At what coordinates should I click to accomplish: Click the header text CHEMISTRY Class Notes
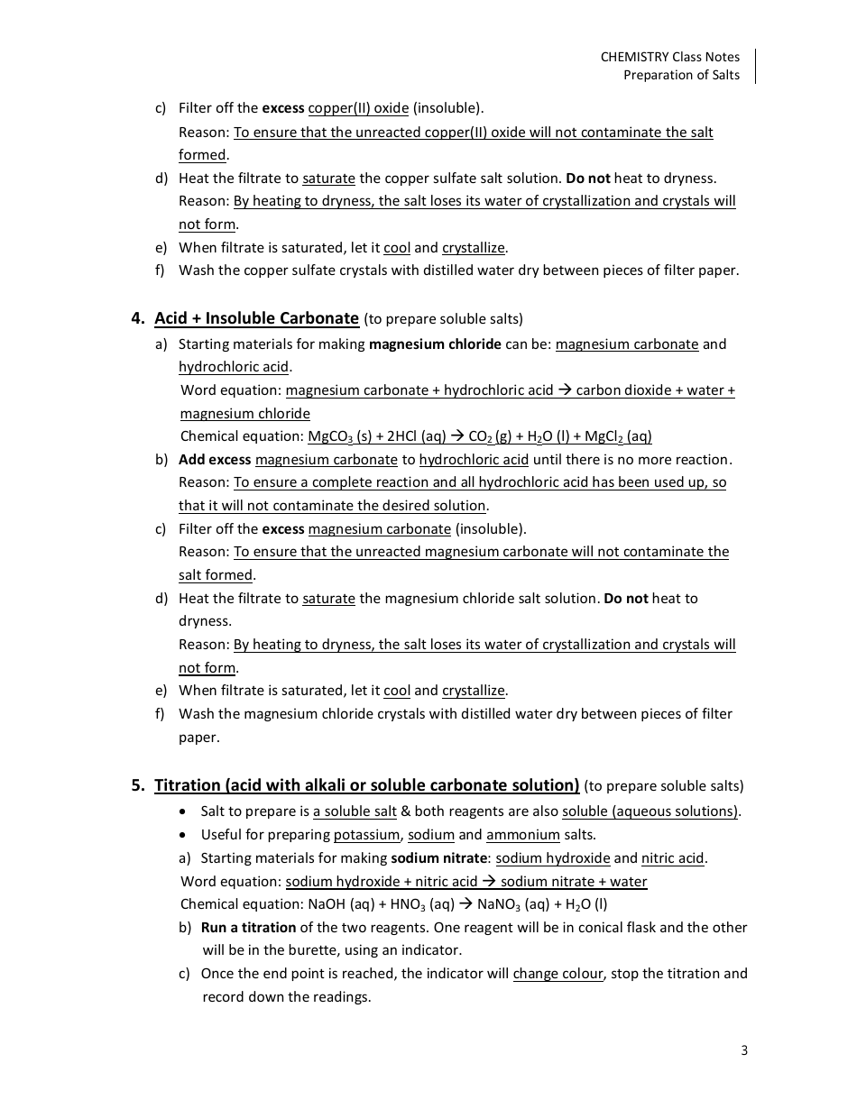(669, 57)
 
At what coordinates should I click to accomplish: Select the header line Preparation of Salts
(681, 75)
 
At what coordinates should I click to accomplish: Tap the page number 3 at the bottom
(744, 1049)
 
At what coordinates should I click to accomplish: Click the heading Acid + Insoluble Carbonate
(257, 318)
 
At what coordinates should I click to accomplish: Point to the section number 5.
(137, 785)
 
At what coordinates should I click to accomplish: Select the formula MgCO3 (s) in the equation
(339, 437)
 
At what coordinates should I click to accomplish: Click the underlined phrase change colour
(558, 974)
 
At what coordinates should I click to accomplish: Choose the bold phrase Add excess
(215, 460)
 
